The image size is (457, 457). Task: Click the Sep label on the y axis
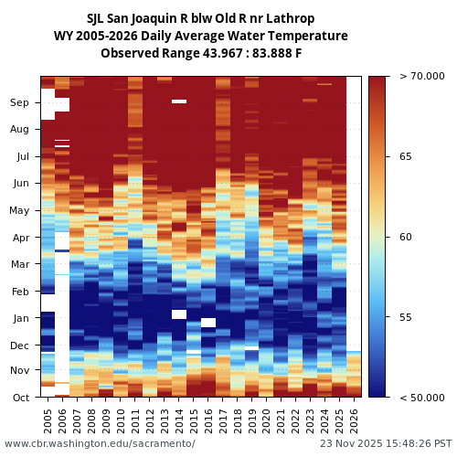pyautogui.click(x=19, y=103)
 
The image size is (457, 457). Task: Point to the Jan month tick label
pyautogui.click(x=19, y=319)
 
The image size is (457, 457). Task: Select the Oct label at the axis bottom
pyautogui.click(x=19, y=398)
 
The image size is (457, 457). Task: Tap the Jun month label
pyautogui.click(x=19, y=184)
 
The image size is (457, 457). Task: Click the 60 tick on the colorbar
pyautogui.click(x=405, y=238)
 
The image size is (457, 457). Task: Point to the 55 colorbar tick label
pyautogui.click(x=405, y=317)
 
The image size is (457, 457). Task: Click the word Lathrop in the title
pyautogui.click(x=292, y=18)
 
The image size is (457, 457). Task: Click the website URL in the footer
pyautogui.click(x=100, y=444)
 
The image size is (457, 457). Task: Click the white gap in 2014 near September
pyautogui.click(x=179, y=101)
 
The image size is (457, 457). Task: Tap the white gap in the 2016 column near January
pyautogui.click(x=208, y=323)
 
